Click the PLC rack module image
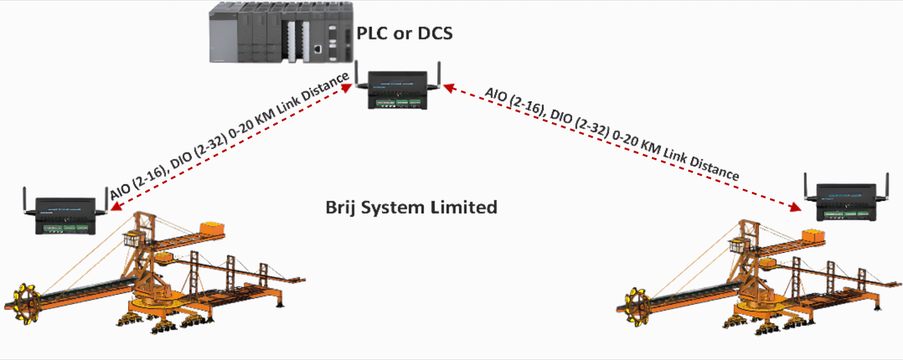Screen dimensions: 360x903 281,33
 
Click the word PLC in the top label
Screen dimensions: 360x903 372,33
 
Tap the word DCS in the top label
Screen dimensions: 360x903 435,33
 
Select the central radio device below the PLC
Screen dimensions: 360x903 397,90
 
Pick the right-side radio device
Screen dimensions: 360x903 847,202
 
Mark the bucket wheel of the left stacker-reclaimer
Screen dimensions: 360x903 26,303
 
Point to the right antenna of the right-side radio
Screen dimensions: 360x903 887,185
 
